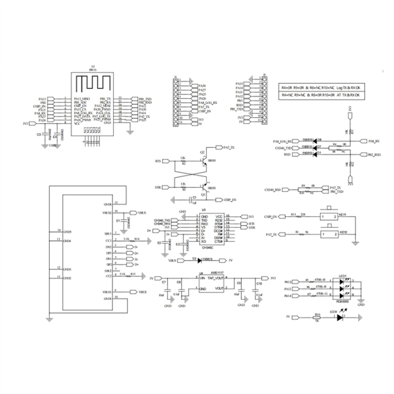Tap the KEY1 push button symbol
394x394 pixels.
330,216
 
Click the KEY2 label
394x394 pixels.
344,232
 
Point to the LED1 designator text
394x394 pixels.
344,275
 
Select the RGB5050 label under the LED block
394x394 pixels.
344,301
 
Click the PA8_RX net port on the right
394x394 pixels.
374,141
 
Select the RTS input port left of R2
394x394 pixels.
158,161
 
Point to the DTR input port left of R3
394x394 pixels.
158,188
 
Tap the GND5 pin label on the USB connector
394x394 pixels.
67,233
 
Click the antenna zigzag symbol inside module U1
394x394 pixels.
92,84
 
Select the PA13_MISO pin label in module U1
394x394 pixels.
82,99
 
